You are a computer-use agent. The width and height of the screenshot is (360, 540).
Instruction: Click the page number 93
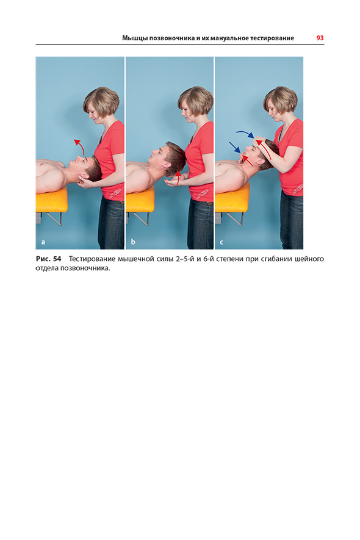tap(320, 38)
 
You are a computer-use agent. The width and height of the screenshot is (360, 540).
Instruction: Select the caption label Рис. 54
tap(49, 259)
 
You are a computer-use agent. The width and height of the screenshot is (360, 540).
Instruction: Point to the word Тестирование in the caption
tap(92, 259)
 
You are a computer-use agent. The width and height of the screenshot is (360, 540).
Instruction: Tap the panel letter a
tap(43, 242)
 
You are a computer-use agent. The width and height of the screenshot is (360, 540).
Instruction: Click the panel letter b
tap(133, 242)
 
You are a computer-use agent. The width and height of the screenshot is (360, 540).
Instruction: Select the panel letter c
tap(221, 242)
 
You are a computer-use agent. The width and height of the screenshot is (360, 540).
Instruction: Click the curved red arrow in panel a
tap(81, 146)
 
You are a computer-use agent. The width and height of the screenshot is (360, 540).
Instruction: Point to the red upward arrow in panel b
tap(178, 177)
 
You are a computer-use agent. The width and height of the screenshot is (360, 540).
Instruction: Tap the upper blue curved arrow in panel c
tap(245, 133)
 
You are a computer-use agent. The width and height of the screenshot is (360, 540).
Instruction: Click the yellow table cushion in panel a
tap(52, 200)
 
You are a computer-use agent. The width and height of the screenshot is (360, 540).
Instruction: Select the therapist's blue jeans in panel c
tap(292, 220)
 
